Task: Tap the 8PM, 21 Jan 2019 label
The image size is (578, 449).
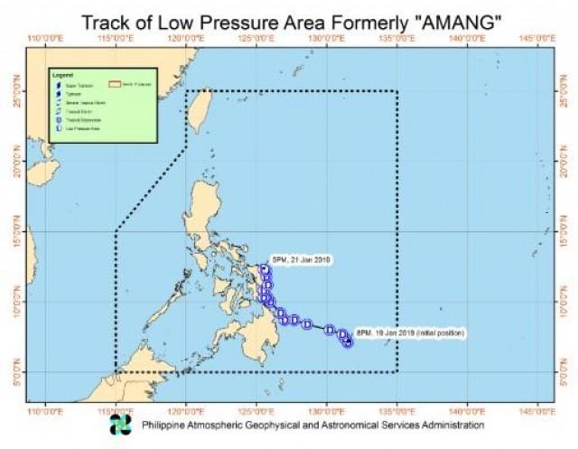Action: [303, 260]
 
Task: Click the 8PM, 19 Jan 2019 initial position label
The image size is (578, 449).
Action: [410, 333]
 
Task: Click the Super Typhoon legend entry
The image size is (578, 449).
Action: [81, 86]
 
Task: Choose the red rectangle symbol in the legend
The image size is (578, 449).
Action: [115, 86]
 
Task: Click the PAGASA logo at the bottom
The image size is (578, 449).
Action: [120, 424]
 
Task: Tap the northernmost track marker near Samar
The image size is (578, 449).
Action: [264, 269]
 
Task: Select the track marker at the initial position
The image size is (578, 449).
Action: [348, 341]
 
